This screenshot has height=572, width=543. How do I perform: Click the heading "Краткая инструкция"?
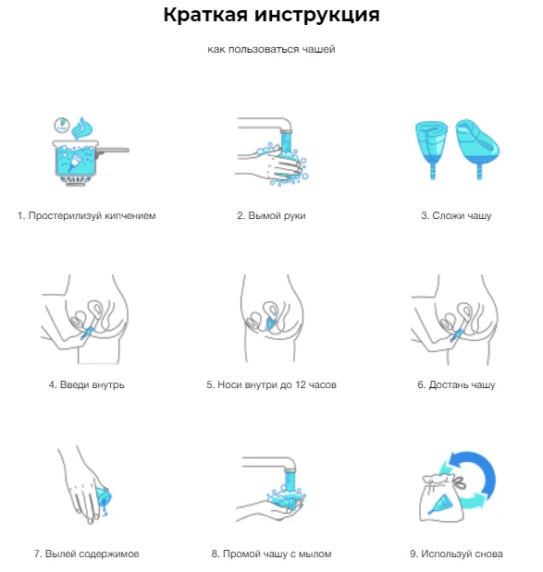[271, 16]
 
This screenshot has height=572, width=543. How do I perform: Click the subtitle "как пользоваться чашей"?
[271, 49]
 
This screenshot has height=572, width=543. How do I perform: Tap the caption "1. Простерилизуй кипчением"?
[87, 215]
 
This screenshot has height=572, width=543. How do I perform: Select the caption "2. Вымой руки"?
[271, 215]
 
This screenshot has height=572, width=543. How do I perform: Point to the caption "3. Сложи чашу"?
[456, 215]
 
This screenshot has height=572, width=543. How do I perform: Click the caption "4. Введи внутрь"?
[87, 384]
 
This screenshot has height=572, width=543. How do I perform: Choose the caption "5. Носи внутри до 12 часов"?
[271, 384]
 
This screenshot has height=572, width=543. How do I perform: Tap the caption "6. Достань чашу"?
[456, 384]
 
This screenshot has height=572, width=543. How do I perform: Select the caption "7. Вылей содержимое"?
[87, 554]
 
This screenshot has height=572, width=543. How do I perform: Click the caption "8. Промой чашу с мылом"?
[271, 554]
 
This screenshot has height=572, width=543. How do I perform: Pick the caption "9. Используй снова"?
[456, 554]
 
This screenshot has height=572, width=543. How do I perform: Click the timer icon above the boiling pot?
[62, 125]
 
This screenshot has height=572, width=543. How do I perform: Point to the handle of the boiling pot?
[114, 150]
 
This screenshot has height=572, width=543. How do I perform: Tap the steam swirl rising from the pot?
[82, 128]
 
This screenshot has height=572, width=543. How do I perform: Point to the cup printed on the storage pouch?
[441, 504]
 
